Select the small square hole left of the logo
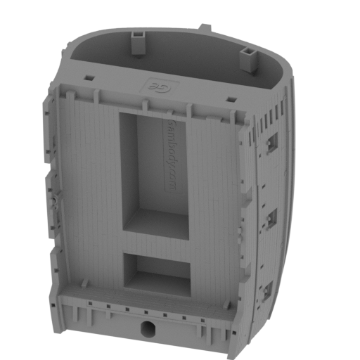click(x=89, y=77)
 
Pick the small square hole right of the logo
click(x=231, y=99)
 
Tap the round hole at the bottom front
click(x=148, y=328)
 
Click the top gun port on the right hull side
click(x=273, y=142)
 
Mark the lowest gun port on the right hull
click(x=266, y=289)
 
